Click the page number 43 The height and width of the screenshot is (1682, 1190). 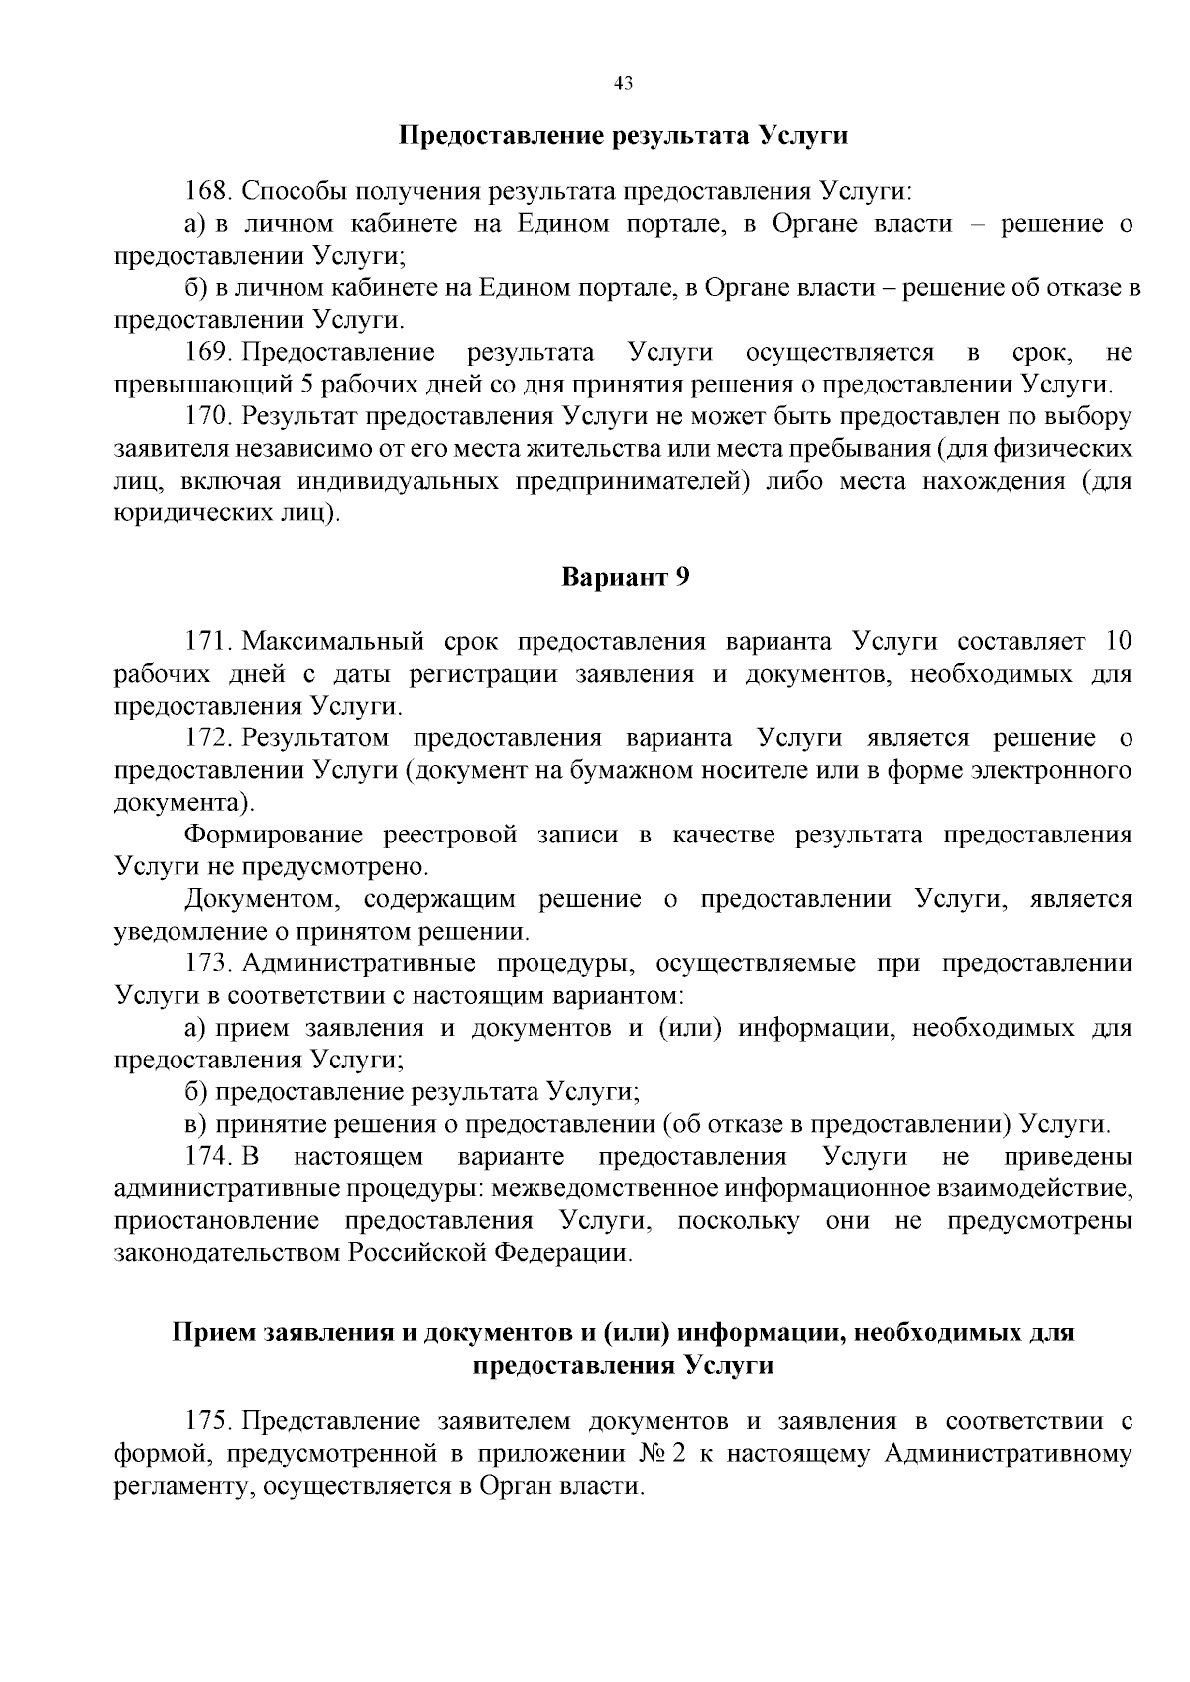click(x=623, y=84)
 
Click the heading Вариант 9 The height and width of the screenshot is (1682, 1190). click(x=625, y=577)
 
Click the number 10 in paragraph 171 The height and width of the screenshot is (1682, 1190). click(x=1117, y=641)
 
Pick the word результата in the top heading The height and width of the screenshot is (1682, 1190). click(x=674, y=135)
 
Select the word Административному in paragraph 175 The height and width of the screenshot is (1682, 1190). click(x=1007, y=1455)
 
